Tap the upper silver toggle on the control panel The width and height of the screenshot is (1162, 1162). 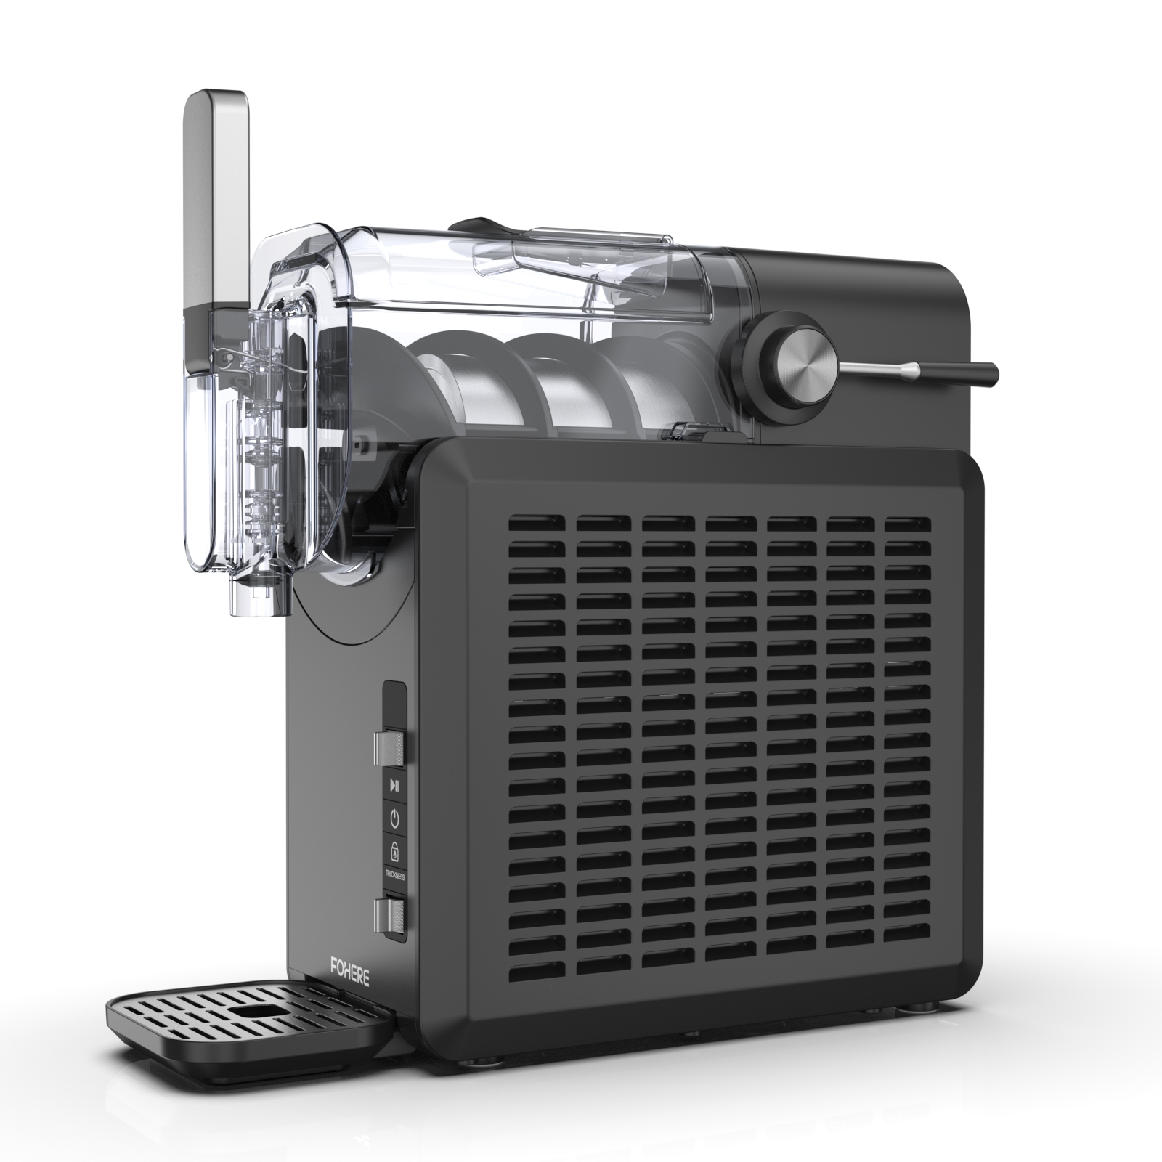click(x=389, y=747)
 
